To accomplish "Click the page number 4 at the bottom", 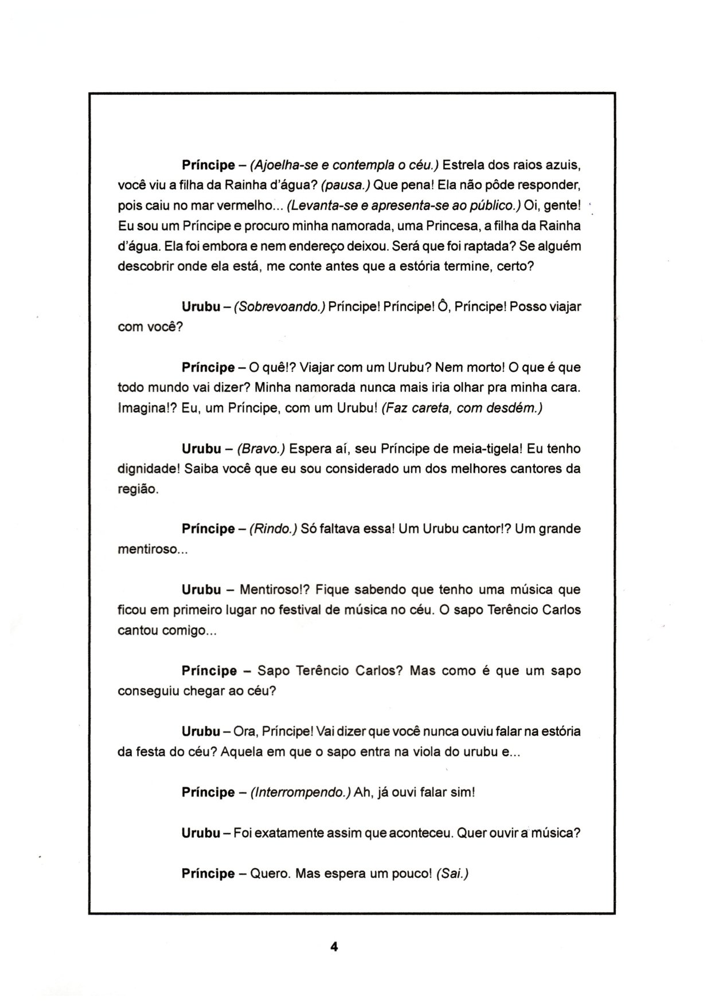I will coord(334,947).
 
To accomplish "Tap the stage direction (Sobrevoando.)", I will coord(280,306).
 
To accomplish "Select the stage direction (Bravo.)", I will coord(264,448).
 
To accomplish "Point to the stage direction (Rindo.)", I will coord(273,528).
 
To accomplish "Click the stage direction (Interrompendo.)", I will coord(300,792).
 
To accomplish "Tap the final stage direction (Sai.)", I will coord(452,873).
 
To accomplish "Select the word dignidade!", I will coord(149,468).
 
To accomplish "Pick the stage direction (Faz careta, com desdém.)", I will coord(462,408).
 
